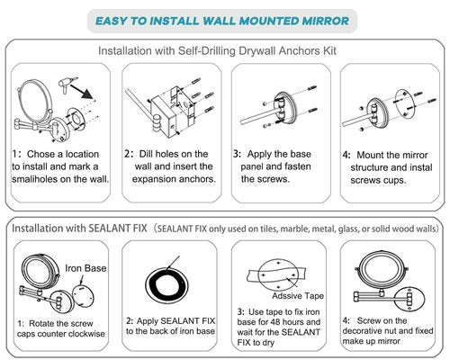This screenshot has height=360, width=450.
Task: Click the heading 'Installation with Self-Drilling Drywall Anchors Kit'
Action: pyautogui.click(x=224, y=51)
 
